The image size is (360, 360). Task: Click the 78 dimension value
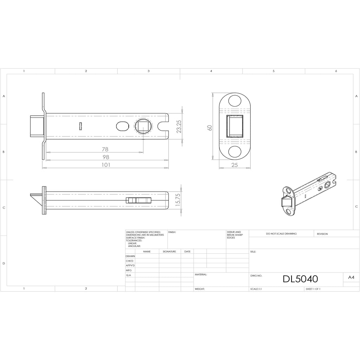[105, 149]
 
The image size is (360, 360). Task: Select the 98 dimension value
[106, 157]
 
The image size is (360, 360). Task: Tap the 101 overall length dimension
[106, 165]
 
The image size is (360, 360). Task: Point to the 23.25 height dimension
[179, 127]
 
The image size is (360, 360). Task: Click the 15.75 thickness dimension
[178, 200]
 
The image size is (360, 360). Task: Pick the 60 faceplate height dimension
[210, 128]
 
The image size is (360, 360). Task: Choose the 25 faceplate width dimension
[234, 165]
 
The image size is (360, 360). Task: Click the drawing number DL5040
[300, 279]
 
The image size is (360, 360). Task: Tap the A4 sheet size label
[351, 277]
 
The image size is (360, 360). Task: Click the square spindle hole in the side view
[143, 127]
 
